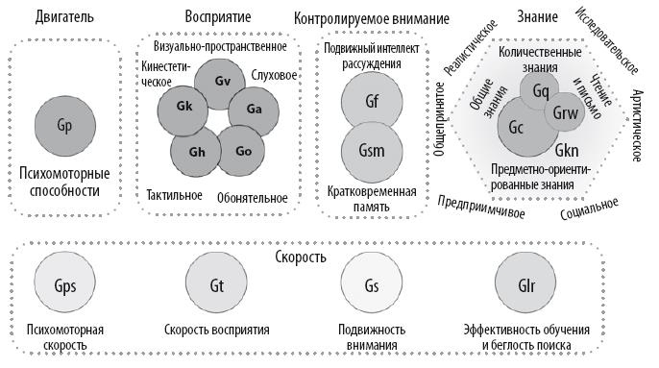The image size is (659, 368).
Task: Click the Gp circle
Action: point(65,126)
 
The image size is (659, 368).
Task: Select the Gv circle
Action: point(223,80)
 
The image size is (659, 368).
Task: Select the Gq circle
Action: point(541,92)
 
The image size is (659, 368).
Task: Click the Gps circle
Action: point(65,286)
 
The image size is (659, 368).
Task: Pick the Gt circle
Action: point(216,286)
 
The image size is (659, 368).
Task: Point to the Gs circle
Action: point(371,286)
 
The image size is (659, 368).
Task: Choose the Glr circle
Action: point(527,286)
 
